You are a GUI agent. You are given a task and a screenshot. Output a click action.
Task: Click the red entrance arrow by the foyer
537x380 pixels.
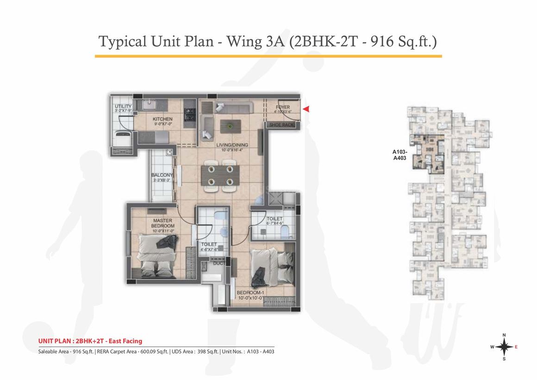coord(306,109)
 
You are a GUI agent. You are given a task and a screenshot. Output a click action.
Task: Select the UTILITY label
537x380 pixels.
coord(123,107)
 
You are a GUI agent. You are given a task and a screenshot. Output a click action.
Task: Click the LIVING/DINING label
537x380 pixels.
coord(232,145)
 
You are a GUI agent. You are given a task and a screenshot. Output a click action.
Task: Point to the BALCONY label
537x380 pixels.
coord(162,175)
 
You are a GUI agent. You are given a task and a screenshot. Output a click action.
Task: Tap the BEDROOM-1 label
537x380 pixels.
coord(250,293)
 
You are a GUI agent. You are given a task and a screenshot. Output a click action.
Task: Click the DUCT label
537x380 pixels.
coord(219,263)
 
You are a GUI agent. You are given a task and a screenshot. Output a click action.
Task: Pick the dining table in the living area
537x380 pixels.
coord(220,176)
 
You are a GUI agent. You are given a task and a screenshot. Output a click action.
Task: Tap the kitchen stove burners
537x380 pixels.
coord(189,114)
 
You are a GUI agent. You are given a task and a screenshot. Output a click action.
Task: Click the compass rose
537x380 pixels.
coord(504,347)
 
